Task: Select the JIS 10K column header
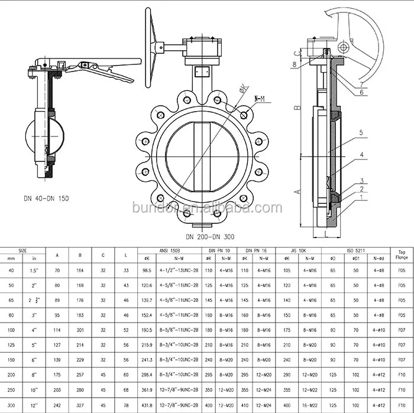pyautogui.click(x=295, y=251)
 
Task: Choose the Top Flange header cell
pyautogui.click(x=401, y=255)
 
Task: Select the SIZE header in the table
pyautogui.click(x=21, y=251)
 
